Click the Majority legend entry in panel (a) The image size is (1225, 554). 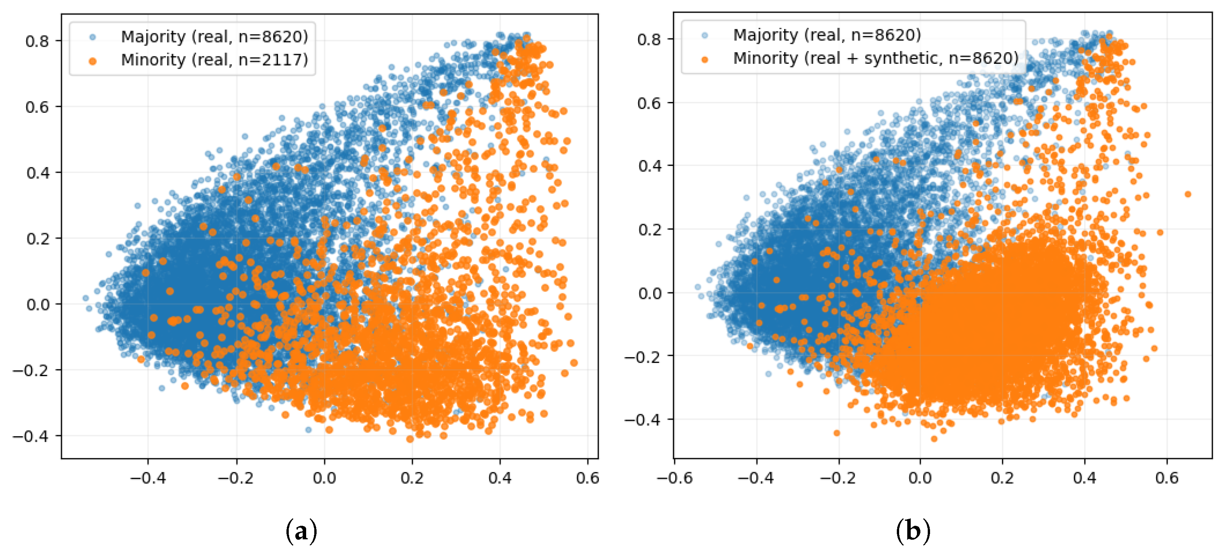click(x=215, y=37)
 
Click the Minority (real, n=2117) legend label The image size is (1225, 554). click(x=215, y=60)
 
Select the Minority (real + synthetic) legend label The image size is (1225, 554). click(x=876, y=58)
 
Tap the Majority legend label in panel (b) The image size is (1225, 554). click(x=827, y=35)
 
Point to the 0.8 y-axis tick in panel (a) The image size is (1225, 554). click(x=37, y=41)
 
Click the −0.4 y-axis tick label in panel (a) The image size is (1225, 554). click(x=31, y=436)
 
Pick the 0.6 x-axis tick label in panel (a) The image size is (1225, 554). click(x=588, y=477)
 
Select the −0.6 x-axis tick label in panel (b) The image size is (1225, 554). click(x=675, y=477)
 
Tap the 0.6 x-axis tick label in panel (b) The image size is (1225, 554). click(x=1167, y=477)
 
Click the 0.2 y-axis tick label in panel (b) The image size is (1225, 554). click(x=649, y=229)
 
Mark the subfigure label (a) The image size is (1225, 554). click(x=301, y=531)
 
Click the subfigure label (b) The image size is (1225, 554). click(x=913, y=531)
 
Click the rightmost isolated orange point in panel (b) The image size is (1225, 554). click(x=1188, y=194)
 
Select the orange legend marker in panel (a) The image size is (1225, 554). click(x=93, y=61)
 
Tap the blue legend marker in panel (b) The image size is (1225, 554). click(x=705, y=35)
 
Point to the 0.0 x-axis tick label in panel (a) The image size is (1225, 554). click(x=324, y=477)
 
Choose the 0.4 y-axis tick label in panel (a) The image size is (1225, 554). click(x=37, y=173)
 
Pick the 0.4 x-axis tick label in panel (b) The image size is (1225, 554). click(x=1085, y=477)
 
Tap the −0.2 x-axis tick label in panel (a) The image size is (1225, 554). click(x=236, y=477)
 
